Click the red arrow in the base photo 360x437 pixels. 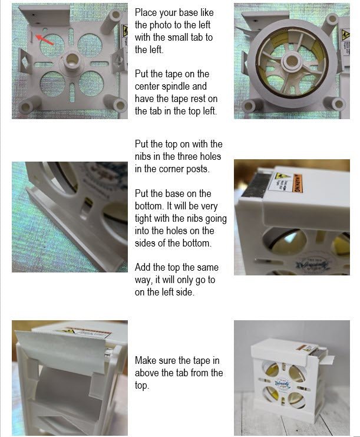click(44, 40)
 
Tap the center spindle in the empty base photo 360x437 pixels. click(72, 61)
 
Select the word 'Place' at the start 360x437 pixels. click(146, 12)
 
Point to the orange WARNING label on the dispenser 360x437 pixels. click(298, 183)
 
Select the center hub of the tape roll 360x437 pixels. click(292, 61)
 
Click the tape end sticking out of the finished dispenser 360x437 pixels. click(329, 360)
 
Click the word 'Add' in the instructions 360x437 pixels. click(143, 267)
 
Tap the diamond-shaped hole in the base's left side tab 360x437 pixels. click(25, 62)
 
